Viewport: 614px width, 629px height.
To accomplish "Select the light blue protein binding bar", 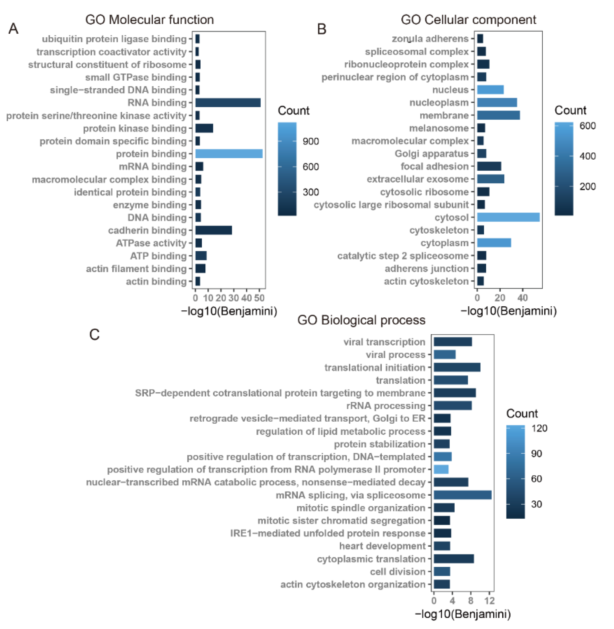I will (x=229, y=154).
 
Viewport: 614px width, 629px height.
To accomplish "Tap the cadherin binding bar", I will (x=214, y=230).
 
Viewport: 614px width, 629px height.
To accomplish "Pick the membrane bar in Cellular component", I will (x=498, y=115).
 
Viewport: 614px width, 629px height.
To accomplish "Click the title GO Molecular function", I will (x=149, y=20).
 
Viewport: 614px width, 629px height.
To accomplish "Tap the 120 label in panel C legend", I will (x=539, y=428).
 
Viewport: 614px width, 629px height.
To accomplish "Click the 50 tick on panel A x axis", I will (x=259, y=298).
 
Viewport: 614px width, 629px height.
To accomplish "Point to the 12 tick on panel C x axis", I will (x=489, y=601).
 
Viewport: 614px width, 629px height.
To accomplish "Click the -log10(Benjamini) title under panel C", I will (x=462, y=614).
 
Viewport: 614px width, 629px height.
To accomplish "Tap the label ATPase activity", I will (x=151, y=243).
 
